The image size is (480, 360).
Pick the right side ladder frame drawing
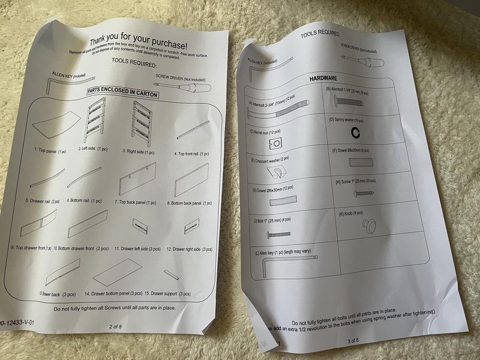click(x=141, y=122)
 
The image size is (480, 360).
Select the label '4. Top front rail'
click(x=188, y=154)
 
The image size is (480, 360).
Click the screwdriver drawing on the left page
click(x=190, y=86)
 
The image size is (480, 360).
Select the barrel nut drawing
click(x=275, y=143)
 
